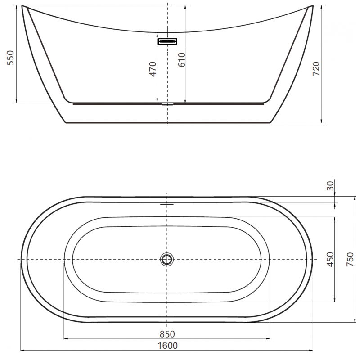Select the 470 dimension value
click(153, 69)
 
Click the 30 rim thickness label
click(331, 185)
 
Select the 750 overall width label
click(350, 260)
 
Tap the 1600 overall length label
click(167, 346)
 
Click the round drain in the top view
click(167, 259)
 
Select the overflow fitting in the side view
click(167, 41)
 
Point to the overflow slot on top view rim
click(167, 203)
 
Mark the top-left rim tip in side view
click(22, 6)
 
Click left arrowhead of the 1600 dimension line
click(22, 350)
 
